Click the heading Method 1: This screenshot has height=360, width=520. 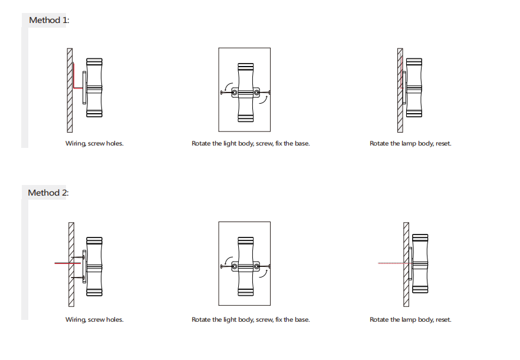tap(49, 20)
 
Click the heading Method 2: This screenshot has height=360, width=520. tap(48, 193)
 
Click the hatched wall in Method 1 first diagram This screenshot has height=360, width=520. tap(70, 90)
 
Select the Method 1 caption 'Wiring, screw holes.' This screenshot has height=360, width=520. tap(94, 144)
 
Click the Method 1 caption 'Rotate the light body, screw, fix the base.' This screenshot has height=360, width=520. tap(251, 144)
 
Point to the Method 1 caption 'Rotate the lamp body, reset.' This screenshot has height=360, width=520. tap(410, 144)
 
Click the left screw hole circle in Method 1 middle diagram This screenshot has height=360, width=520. tap(235, 93)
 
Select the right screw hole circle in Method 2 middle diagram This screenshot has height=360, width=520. tap(256, 266)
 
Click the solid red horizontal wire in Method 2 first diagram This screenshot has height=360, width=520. tap(68, 263)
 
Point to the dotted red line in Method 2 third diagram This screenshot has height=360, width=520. tap(394, 263)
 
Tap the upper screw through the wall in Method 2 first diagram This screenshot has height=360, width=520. tap(78, 257)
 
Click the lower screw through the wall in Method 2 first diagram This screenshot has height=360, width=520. tap(78, 277)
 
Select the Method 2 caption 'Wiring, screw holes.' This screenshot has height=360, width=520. tap(94, 319)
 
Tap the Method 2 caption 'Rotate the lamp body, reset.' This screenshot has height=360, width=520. tap(410, 319)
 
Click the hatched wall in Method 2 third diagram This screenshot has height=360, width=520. tap(406, 265)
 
